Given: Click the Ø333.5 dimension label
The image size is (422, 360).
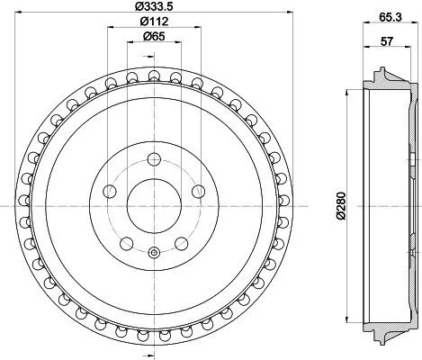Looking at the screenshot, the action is coord(155,6).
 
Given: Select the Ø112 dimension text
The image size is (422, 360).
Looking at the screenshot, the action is coord(155,22).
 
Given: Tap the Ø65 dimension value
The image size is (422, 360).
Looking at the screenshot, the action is coord(155,37).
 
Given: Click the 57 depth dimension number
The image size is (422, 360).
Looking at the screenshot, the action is coord(387,41).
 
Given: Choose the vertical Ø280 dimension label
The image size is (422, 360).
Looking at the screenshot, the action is coord(341,206).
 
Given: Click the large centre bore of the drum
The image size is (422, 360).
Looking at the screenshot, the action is coord(154,206).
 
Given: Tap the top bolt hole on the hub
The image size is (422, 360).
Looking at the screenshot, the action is coord(154,159).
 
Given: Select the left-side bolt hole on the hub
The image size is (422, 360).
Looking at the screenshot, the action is coord(110,192).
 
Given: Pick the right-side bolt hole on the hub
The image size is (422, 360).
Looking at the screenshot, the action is coord(199,192).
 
